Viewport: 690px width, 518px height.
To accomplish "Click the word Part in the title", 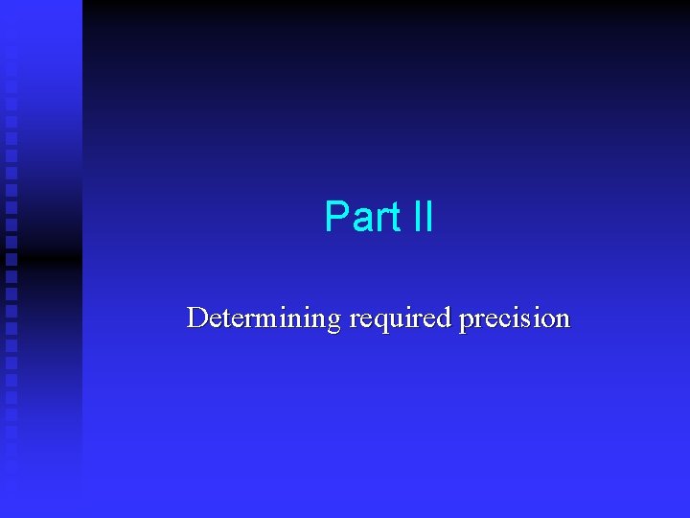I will click(x=362, y=217).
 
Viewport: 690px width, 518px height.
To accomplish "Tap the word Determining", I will click(x=264, y=318).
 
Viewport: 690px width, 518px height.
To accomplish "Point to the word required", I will click(x=401, y=318).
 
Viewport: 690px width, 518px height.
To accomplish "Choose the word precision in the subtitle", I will click(x=515, y=318).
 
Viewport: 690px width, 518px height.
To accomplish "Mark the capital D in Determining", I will click(x=196, y=318).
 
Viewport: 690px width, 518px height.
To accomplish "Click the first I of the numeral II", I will click(x=416, y=217).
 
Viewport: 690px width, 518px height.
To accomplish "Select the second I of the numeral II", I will click(x=428, y=217).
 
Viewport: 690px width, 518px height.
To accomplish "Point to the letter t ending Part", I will click(x=394, y=218).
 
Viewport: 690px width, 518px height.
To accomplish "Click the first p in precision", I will click(x=467, y=321).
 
